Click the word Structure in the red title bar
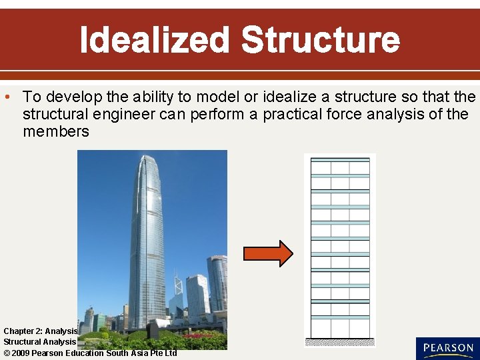320,40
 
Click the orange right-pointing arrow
267,253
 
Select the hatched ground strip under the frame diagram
340,343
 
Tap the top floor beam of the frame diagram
340,159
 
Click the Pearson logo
447,348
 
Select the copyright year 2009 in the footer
21,353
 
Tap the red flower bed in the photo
197,336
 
